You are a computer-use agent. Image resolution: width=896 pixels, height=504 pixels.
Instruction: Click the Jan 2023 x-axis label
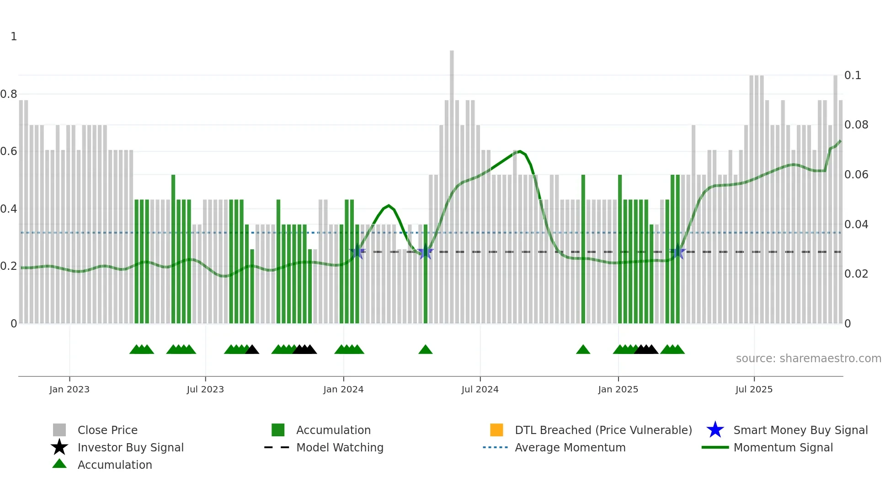click(69, 389)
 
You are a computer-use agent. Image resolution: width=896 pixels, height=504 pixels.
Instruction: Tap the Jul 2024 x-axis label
click(480, 389)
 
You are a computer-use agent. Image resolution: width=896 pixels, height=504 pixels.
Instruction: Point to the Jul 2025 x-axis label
click(754, 389)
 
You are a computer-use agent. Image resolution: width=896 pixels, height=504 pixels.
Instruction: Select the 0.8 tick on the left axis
click(9, 94)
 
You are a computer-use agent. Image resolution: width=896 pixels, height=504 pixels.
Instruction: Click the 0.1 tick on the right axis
click(853, 75)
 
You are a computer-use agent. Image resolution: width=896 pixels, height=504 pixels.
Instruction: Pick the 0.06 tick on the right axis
click(856, 174)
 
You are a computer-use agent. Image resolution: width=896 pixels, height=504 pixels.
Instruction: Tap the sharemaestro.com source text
click(808, 358)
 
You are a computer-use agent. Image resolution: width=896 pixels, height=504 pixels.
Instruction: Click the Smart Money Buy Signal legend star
click(715, 430)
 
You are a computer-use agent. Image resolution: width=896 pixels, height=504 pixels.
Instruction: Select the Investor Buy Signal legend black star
click(59, 447)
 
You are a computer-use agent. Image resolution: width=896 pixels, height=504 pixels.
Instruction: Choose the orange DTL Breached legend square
click(496, 430)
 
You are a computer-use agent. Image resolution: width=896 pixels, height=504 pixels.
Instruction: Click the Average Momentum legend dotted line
click(495, 447)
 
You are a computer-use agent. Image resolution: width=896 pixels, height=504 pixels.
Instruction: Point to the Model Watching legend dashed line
click(277, 447)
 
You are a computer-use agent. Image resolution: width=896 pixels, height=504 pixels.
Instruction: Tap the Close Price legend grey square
click(59, 430)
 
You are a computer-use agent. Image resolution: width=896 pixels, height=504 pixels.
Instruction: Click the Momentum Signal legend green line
click(715, 447)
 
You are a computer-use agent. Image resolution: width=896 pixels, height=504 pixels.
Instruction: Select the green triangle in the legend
click(59, 464)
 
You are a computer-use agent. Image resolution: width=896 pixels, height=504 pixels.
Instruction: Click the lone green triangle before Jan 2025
click(583, 350)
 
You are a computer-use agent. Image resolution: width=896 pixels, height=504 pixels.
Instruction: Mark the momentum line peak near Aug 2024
click(520, 151)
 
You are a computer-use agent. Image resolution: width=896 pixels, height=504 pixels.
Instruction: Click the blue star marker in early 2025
click(678, 252)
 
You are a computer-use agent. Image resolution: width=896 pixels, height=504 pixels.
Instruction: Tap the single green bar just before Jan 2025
click(583, 249)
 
